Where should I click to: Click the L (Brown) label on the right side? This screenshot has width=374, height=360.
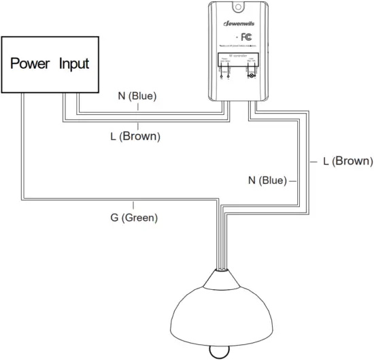pos(348,161)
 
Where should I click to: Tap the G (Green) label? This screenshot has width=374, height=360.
pos(134,218)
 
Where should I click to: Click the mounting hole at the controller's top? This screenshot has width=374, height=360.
pos(239,7)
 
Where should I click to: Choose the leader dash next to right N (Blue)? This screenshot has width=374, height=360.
pos(293,182)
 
